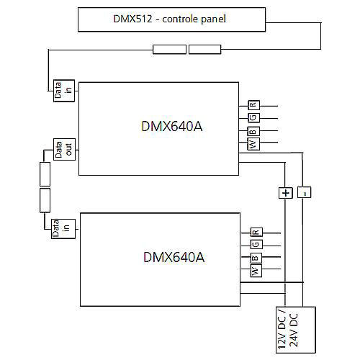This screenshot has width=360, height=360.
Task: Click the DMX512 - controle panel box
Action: coord(171,19)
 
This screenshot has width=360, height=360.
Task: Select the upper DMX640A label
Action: coord(172,126)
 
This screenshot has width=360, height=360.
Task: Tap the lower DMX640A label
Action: coord(174,257)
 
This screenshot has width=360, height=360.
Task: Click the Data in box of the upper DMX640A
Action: coord(64,91)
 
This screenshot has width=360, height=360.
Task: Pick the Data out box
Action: coord(64,149)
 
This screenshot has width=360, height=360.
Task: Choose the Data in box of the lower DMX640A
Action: coord(63,229)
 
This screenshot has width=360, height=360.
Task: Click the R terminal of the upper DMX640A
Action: coord(253,105)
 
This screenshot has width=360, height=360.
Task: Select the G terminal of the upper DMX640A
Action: coord(253,117)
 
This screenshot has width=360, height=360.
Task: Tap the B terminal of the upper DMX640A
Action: coord(253,131)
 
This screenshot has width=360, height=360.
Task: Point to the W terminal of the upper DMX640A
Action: coord(253,144)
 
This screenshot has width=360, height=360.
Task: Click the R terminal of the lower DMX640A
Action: coord(256,233)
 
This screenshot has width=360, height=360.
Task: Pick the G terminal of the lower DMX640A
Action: coord(256,244)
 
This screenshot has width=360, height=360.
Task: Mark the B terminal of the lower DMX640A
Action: coord(256,258)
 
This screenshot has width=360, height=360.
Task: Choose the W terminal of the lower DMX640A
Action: coord(256,271)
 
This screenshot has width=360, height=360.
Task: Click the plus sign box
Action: coord(286,193)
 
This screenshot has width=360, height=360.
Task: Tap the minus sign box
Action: coord(305,192)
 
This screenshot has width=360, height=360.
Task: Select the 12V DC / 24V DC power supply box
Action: coord(296,330)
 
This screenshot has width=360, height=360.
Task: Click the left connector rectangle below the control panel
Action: coord(169,49)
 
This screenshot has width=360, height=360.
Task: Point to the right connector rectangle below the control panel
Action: coord(204,49)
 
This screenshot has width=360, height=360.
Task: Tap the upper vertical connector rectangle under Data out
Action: coord(45,174)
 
